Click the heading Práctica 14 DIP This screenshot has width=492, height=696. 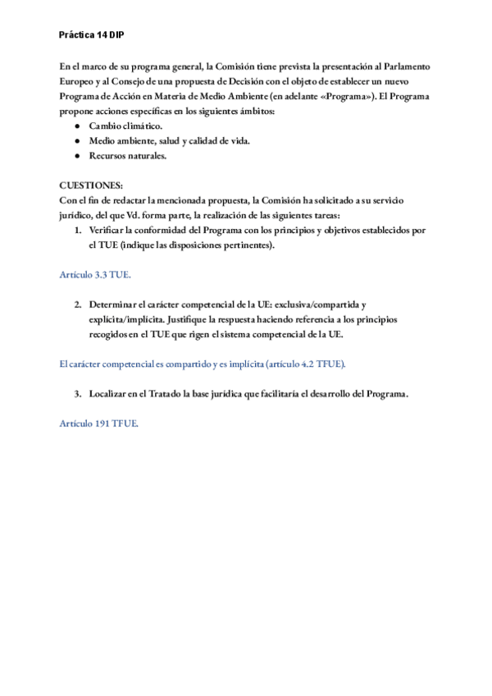pos(92,36)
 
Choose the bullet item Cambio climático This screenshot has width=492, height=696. pos(125,126)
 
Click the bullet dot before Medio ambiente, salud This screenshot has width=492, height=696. pos(77,141)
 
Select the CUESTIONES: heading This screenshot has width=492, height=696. pos(92,185)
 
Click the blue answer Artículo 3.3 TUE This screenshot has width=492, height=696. pos(95,274)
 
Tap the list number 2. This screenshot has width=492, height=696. pos(78,304)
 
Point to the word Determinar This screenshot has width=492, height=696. pos(115,304)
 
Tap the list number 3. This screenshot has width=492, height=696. pos(78,393)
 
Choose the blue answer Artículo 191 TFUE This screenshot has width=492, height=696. pos(99,423)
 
